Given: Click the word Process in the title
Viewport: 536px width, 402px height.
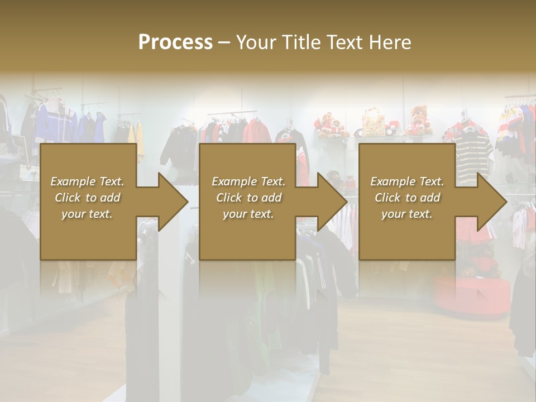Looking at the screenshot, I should [x=175, y=42].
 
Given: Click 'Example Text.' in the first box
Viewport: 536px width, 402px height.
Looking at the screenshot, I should [x=87, y=181].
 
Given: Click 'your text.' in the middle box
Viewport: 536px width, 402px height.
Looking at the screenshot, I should [x=248, y=214].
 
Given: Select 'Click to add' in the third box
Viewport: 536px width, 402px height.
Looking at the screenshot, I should [x=407, y=198].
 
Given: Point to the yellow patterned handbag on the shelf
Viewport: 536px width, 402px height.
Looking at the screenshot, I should [x=372, y=123].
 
